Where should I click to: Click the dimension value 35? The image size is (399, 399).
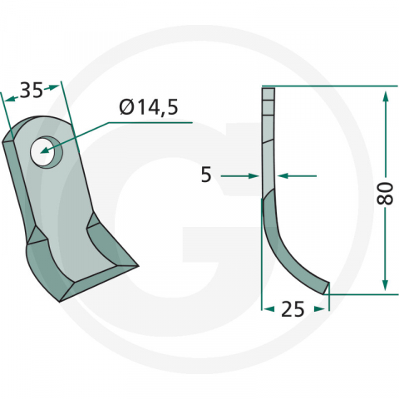coord(32,91)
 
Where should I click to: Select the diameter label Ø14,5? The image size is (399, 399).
coord(149,106)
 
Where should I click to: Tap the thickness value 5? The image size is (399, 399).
coord(206,175)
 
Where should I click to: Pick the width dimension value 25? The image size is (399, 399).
coord(293,309)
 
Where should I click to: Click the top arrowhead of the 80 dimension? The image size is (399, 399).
coord(385,98)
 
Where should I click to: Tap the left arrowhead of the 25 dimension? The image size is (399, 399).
coord(268,308)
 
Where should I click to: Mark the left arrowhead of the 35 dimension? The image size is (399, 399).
coord(9,99)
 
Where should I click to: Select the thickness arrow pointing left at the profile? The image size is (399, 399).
coord(282,175)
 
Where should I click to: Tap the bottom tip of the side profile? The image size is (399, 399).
coord(327,287)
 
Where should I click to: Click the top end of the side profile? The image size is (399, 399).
coord(267,91)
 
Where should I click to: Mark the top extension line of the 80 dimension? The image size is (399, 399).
coord(332,86)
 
